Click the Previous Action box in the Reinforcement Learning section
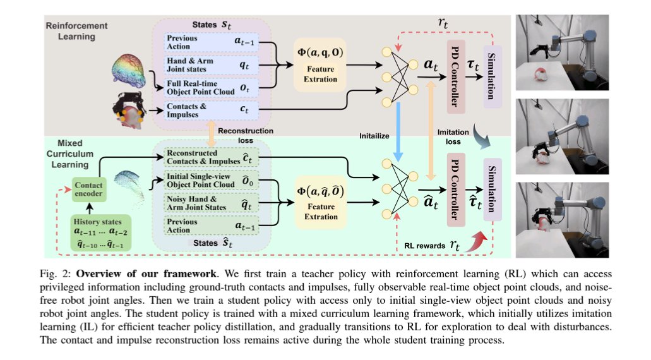(x=212, y=41)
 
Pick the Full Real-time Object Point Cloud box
(x=212, y=85)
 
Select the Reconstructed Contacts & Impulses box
(x=212, y=156)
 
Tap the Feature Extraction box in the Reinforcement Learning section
(x=320, y=64)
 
